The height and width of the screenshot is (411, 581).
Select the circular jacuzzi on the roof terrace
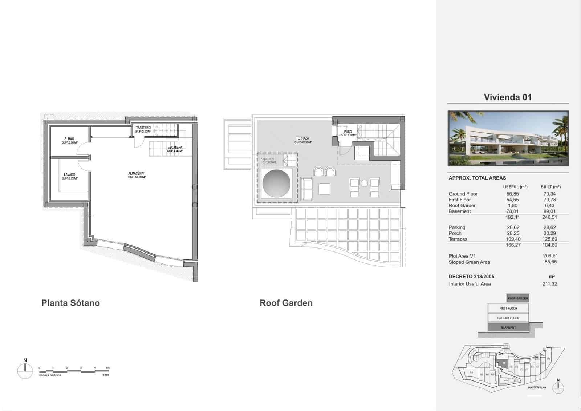pyautogui.click(x=276, y=183)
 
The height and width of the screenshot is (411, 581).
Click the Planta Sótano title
pyautogui.click(x=70, y=303)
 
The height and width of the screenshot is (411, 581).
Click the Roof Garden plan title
pyautogui.click(x=286, y=303)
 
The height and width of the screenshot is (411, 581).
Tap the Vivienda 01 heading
pyautogui.click(x=508, y=97)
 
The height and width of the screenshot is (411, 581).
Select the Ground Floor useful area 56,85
pyautogui.click(x=512, y=194)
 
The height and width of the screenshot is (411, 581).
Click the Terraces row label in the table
pyautogui.click(x=458, y=239)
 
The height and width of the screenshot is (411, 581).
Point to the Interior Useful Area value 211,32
pyautogui.click(x=549, y=284)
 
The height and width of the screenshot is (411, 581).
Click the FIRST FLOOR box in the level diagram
pyautogui.click(x=508, y=308)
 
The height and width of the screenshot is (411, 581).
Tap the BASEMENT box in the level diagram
pyautogui.click(x=508, y=327)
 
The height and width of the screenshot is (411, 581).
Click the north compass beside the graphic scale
pyautogui.click(x=25, y=371)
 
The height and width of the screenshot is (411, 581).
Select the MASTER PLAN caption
pyautogui.click(x=537, y=387)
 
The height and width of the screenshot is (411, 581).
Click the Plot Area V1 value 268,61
pyautogui.click(x=550, y=256)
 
